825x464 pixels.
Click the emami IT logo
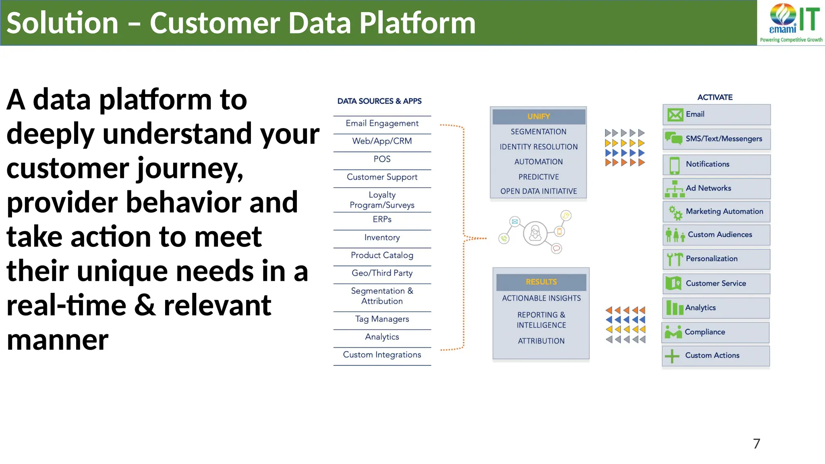pos(791,22)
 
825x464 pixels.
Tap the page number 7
pos(757,443)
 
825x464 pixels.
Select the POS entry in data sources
pos(382,159)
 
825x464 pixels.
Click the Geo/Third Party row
pos(382,273)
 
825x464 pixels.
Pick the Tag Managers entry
pos(382,319)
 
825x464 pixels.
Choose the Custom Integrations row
pos(382,355)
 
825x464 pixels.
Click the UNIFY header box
pos(539,116)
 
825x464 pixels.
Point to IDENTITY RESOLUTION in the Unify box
pos(539,147)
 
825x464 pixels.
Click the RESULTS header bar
pos(541,282)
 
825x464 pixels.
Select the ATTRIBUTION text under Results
pos(541,341)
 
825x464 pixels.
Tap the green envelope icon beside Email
pos(675,115)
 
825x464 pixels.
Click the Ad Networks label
pos(708,188)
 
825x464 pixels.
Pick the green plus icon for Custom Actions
pos(672,356)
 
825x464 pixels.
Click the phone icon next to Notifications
pos(674,165)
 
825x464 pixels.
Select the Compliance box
pos(715,332)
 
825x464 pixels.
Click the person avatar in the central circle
pos(535,233)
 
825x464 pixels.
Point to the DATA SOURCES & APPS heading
pos(379,101)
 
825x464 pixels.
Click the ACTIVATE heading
pos(715,97)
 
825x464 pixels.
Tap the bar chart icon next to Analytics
pos(675,308)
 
